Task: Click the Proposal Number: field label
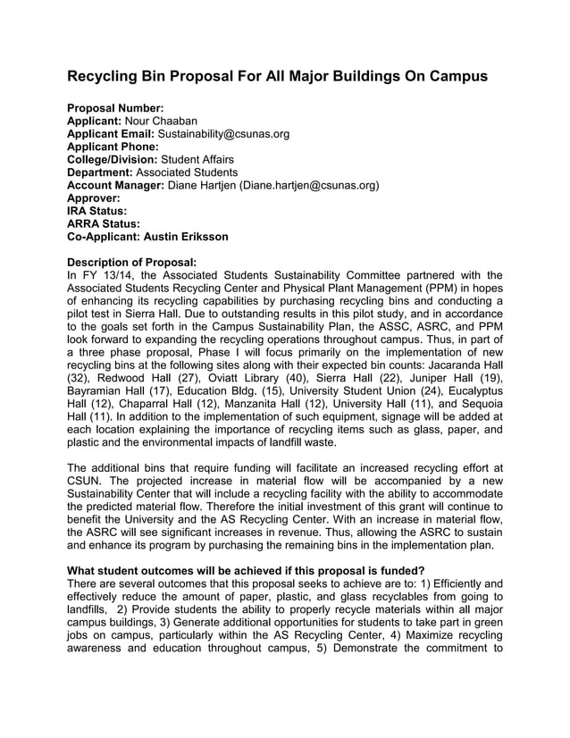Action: (x=115, y=108)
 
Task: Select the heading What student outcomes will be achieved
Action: (x=246, y=571)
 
